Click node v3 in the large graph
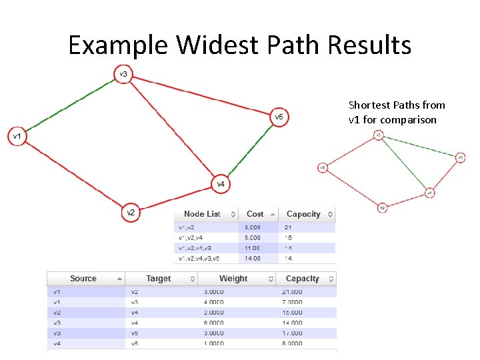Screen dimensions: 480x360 (x=123, y=74)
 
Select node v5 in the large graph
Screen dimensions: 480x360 (x=279, y=117)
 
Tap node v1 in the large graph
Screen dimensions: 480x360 (x=17, y=137)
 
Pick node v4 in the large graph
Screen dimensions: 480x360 (x=221, y=183)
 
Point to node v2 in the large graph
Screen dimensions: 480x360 (x=131, y=213)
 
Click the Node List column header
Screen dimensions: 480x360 (x=202, y=214)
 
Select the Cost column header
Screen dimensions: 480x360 (x=255, y=214)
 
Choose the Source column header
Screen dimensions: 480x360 (x=83, y=279)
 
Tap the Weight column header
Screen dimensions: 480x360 (x=233, y=279)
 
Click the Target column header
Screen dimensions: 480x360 (x=159, y=279)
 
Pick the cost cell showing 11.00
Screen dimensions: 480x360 (x=254, y=247)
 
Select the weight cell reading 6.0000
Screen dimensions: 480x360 (x=214, y=323)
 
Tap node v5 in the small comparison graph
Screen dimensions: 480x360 (x=460, y=158)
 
